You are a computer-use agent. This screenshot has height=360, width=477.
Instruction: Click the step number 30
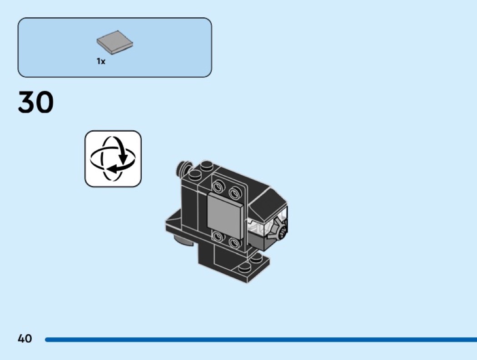coord(36,103)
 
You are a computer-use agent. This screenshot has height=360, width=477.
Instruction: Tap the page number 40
coord(25,338)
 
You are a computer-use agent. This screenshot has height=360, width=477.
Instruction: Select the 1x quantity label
coord(101,61)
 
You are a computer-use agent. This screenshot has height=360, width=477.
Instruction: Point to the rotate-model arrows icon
coord(113,158)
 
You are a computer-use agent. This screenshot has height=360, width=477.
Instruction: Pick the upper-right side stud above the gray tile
coord(235,193)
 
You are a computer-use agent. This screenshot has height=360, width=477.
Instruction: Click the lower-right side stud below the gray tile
coord(235,244)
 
